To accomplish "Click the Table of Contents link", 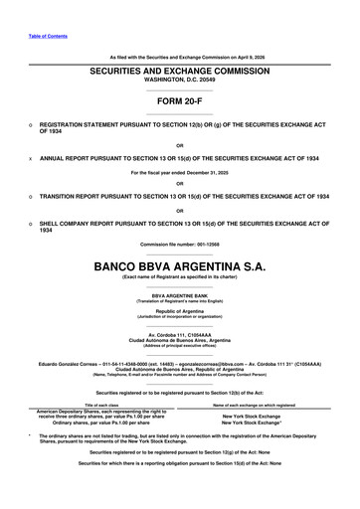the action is click(x=49, y=36).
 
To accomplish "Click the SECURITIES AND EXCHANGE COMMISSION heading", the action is click(x=180, y=74).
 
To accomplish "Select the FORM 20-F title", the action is click(x=180, y=101).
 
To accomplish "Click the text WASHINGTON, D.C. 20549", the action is click(x=180, y=84).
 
